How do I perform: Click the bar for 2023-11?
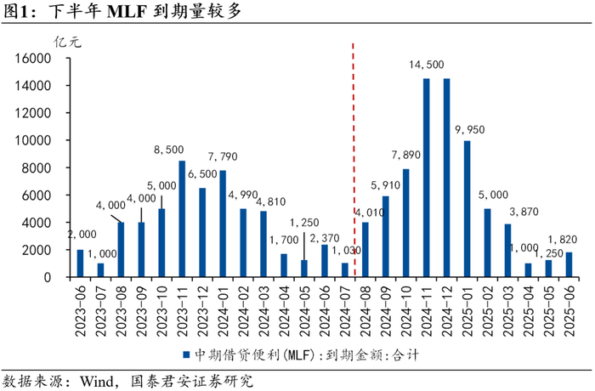click(x=182, y=218)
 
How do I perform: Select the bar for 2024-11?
click(x=426, y=178)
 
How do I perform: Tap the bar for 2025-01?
click(x=467, y=209)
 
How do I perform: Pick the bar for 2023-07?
click(x=100, y=270)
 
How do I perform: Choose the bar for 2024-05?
click(x=304, y=269)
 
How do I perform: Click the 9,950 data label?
click(x=470, y=129)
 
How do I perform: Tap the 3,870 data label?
click(x=524, y=212)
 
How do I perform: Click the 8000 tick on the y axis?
click(x=38, y=168)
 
